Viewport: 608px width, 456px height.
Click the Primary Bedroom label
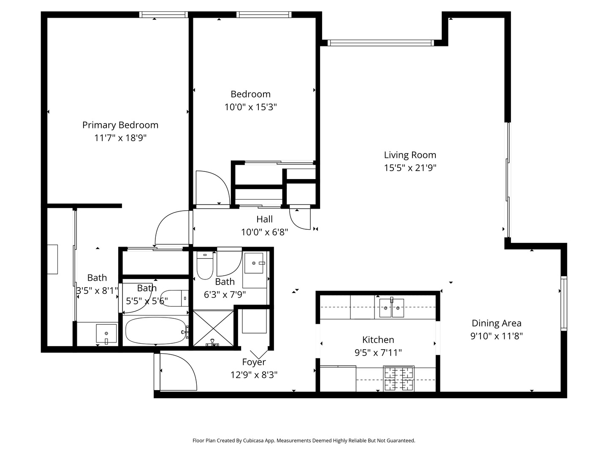click(120, 125)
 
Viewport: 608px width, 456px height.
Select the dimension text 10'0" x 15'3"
click(250, 107)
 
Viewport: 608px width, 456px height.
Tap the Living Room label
click(410, 155)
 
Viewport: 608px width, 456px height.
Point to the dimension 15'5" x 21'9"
click(410, 168)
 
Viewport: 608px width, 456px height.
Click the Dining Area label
click(497, 323)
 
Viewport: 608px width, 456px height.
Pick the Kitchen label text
click(378, 339)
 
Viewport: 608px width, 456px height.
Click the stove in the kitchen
click(398, 378)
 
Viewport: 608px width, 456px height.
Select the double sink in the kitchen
click(391, 308)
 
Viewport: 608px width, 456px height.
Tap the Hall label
click(265, 219)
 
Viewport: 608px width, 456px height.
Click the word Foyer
click(254, 362)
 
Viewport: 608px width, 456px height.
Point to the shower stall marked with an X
click(213, 328)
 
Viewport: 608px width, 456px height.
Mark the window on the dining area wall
click(564, 303)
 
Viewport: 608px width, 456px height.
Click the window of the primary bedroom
click(163, 14)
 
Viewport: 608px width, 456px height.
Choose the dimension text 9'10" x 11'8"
click(497, 336)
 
